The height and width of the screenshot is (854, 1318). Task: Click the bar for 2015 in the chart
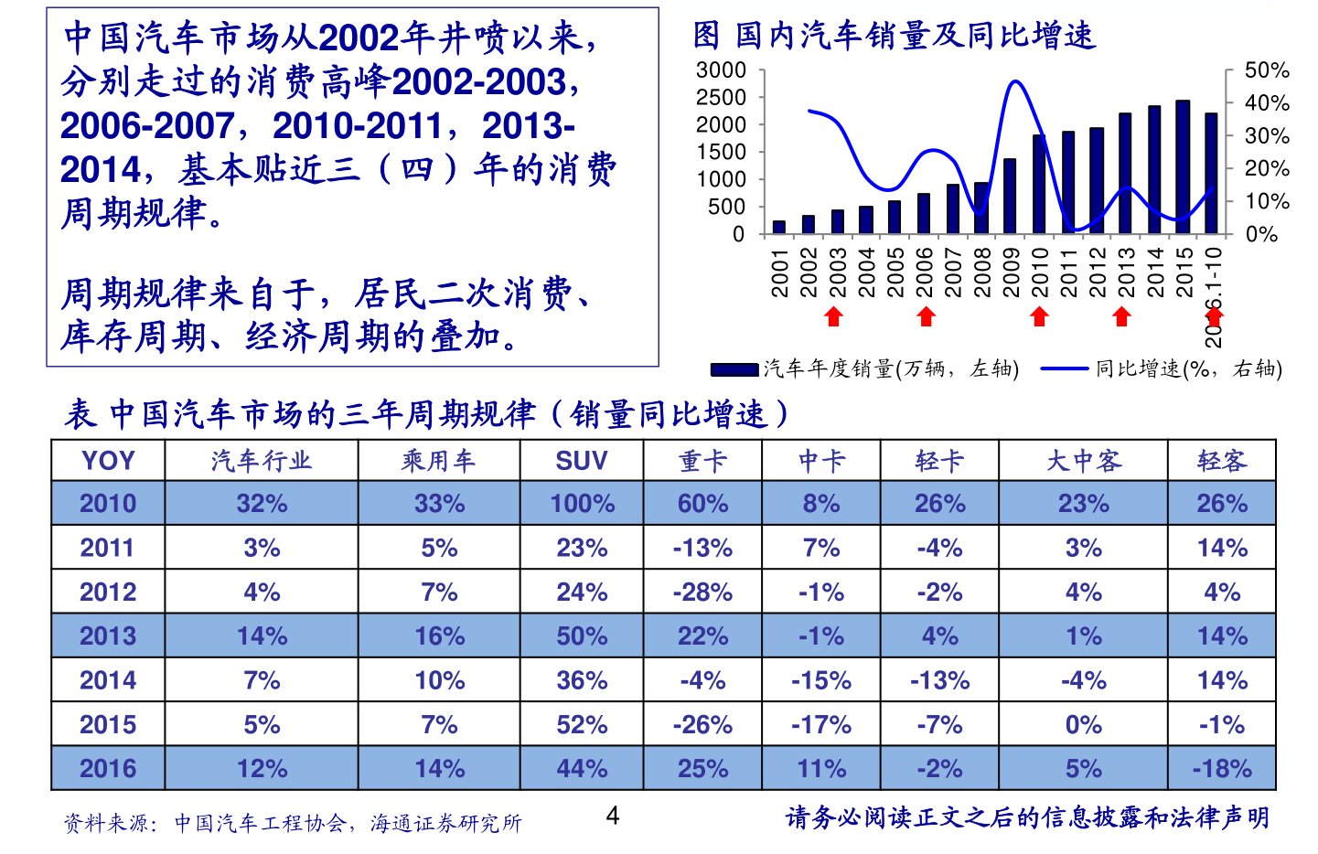pyautogui.click(x=1183, y=167)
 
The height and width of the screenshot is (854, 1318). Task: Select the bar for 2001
pyautogui.click(x=779, y=227)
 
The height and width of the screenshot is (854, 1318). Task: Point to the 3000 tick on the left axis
pyautogui.click(x=722, y=70)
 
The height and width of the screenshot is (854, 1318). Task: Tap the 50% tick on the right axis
pyautogui.click(x=1267, y=70)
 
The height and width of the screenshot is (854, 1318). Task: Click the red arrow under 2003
pyautogui.click(x=833, y=316)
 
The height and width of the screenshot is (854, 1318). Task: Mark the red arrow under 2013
pyautogui.click(x=1122, y=316)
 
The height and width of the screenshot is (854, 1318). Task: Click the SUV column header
pyautogui.click(x=582, y=460)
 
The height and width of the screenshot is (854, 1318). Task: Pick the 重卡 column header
pyautogui.click(x=702, y=460)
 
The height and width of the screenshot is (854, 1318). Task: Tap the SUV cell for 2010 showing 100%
pyautogui.click(x=582, y=503)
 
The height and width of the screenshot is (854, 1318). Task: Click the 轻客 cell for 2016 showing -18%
pyautogui.click(x=1222, y=768)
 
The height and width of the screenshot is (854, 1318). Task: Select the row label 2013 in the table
pyautogui.click(x=108, y=635)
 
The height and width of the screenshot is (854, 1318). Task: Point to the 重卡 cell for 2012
pyautogui.click(x=702, y=592)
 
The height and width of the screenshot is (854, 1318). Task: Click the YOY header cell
pyautogui.click(x=108, y=460)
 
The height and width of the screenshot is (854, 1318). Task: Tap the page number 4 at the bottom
pyautogui.click(x=613, y=816)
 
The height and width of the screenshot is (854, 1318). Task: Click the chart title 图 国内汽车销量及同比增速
pyautogui.click(x=894, y=36)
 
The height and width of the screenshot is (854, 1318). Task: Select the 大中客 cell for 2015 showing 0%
pyautogui.click(x=1083, y=724)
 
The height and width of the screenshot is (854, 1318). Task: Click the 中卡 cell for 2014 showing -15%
pyautogui.click(x=821, y=680)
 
